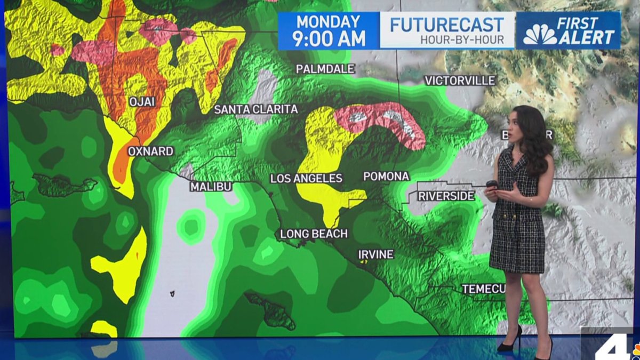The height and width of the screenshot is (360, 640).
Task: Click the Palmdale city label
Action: click(x=325, y=69)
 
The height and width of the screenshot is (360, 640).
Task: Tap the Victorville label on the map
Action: click(x=460, y=81)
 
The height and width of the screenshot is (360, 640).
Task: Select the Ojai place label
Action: click(x=142, y=101)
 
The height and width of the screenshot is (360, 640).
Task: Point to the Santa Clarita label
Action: click(x=256, y=109)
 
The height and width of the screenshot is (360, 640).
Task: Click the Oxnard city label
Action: click(x=150, y=151)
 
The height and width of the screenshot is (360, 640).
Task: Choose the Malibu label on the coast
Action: click(x=211, y=187)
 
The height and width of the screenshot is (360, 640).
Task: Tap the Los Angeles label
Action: click(x=306, y=179)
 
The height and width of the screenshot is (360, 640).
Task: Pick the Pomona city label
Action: click(x=386, y=177)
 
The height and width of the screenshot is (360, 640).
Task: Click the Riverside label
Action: click(x=446, y=196)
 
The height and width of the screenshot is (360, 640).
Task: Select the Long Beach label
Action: click(x=314, y=234)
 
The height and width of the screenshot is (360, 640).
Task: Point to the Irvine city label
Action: click(x=376, y=254)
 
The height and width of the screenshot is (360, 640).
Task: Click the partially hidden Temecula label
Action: click(x=483, y=289)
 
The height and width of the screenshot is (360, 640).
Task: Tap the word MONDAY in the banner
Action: click(x=329, y=22)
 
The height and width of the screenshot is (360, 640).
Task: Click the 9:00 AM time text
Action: click(x=329, y=39)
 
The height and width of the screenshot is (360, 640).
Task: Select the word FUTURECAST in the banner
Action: click(x=447, y=25)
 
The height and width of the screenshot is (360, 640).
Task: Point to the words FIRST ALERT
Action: click(x=586, y=31)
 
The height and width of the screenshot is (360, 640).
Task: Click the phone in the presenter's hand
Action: click(x=492, y=184)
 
